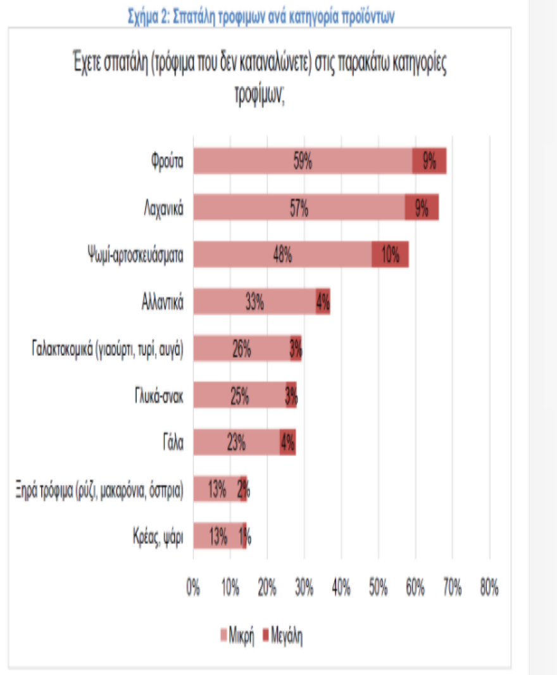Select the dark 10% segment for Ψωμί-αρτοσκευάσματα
390,255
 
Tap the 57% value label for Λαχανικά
299,208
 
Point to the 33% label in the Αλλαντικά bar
254,303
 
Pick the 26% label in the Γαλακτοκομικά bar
241,349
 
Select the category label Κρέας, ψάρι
154,537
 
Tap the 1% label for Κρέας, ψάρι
245,537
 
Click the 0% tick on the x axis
193,587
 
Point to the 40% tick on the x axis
341,587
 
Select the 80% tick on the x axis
489,587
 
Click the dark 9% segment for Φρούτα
429,161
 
